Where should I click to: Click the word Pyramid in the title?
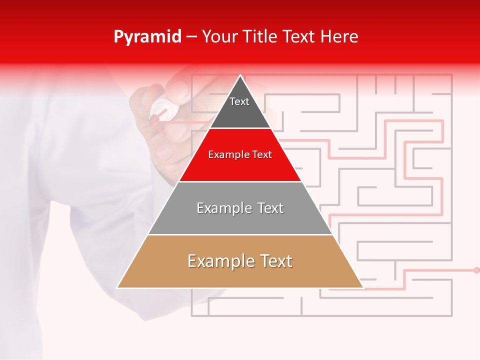point(147,37)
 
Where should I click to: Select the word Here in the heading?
point(339,37)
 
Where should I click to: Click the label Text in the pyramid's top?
point(239,101)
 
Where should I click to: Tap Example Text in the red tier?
point(240,154)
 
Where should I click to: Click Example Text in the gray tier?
point(240,208)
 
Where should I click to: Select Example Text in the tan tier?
point(240,261)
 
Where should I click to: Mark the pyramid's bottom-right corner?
point(362,287)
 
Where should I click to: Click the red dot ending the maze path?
point(476,270)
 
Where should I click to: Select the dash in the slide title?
point(191,37)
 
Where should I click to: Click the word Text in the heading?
point(299,37)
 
